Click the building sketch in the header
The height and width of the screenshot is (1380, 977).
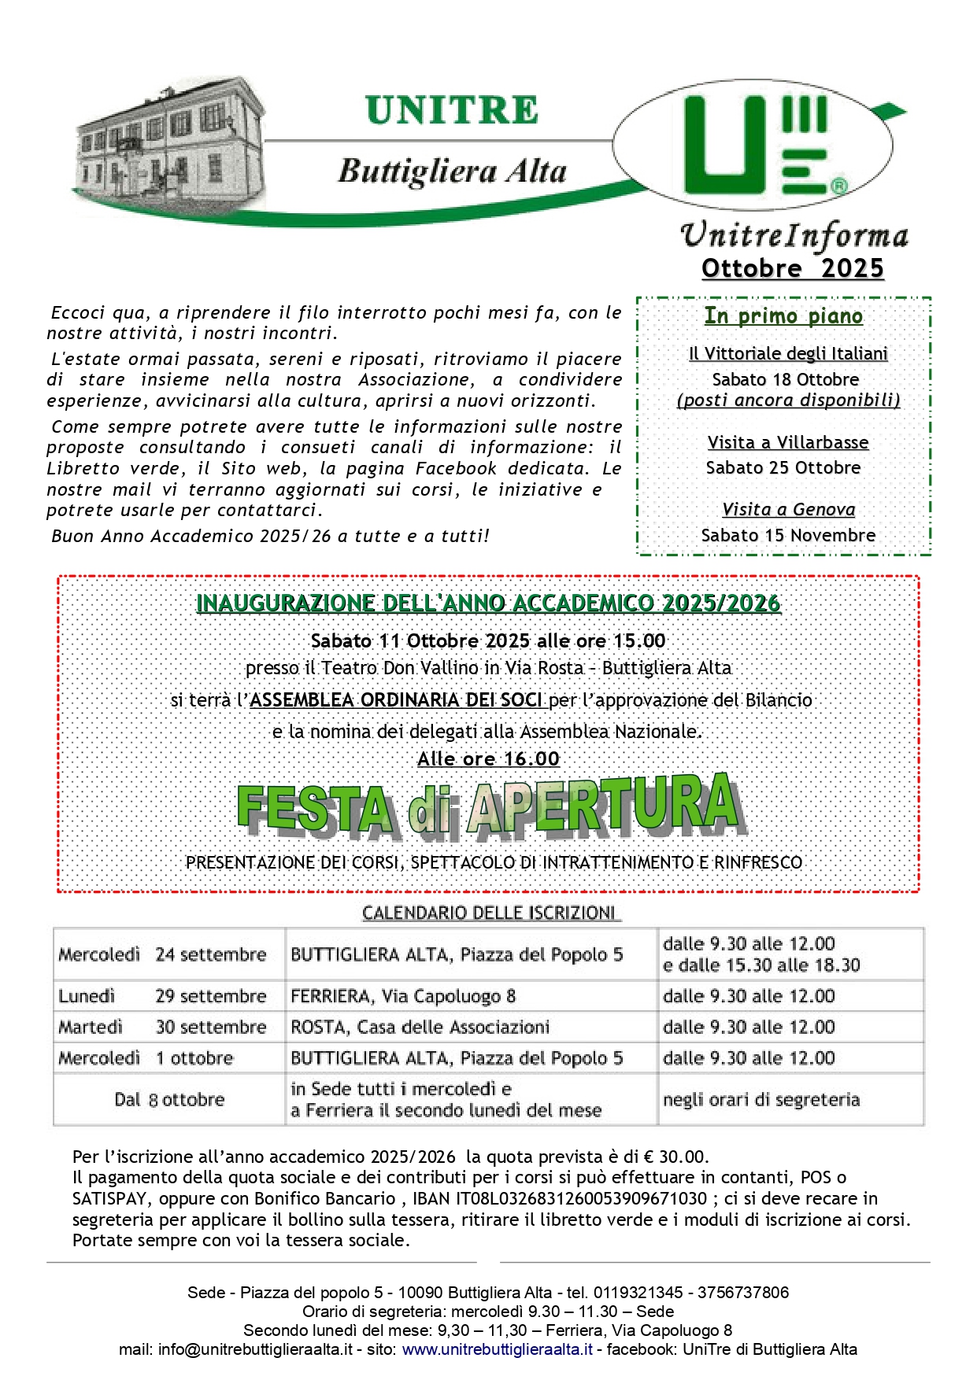[169, 142]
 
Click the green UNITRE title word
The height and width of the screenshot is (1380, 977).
[452, 111]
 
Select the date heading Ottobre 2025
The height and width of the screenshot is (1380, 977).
[792, 268]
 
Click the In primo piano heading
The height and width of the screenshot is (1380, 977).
[783, 316]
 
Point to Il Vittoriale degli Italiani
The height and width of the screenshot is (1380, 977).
[788, 354]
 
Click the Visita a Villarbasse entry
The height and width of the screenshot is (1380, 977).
[787, 442]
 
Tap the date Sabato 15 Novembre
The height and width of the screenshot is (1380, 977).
[788, 536]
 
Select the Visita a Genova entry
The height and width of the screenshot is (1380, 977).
[788, 510]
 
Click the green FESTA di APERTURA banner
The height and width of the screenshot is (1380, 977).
[489, 806]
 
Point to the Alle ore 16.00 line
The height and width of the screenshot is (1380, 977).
[488, 759]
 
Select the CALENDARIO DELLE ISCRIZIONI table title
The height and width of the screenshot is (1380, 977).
[490, 913]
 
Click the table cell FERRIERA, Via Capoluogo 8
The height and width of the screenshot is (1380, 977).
[403, 996]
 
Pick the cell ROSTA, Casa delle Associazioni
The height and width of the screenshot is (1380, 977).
[420, 1027]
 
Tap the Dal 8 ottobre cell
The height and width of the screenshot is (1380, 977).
[169, 1099]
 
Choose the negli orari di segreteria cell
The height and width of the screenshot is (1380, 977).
[761, 1099]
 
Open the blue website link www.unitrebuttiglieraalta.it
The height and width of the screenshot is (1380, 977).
[497, 1349]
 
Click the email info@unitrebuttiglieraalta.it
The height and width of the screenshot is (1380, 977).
[255, 1349]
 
